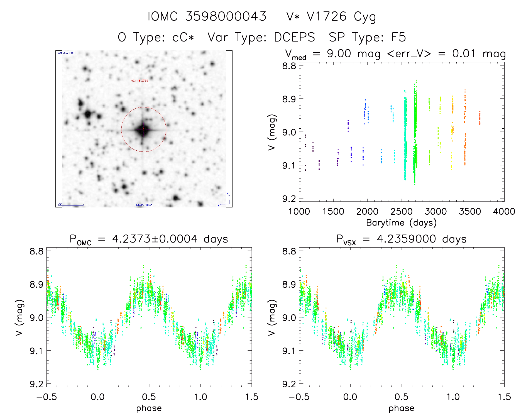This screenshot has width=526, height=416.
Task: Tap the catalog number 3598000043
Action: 226,17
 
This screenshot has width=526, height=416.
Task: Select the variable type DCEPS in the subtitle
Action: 295,38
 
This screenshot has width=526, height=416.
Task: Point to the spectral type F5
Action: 398,38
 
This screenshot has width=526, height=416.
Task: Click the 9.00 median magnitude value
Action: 339,53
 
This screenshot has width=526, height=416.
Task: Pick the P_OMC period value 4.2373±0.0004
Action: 155,239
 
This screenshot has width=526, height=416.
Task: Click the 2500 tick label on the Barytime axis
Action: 402,212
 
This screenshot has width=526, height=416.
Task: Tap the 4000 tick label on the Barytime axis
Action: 504,212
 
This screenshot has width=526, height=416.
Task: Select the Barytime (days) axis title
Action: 401,223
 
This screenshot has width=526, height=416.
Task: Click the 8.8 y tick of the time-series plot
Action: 289,66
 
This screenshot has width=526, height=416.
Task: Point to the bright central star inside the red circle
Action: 144,129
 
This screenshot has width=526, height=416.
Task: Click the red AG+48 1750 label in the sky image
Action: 140,81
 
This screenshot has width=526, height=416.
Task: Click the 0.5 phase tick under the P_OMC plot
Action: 149,397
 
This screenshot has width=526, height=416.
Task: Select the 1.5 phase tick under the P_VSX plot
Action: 504,397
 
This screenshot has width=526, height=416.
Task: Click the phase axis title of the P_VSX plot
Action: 401,408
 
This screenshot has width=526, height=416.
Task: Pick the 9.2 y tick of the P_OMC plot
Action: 36,384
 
